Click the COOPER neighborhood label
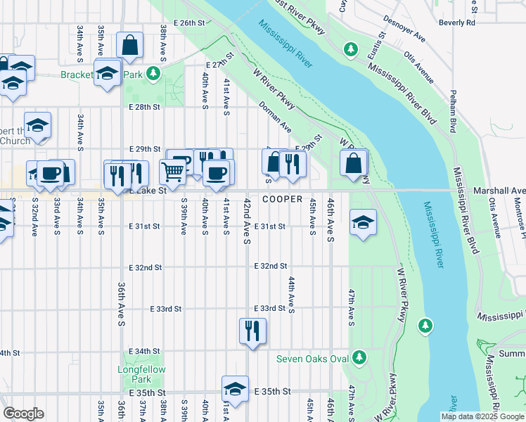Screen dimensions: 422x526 [282, 200]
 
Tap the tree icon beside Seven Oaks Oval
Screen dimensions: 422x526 [359, 357]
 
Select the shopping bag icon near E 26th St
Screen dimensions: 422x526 [130, 46]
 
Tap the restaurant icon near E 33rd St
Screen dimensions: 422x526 [252, 330]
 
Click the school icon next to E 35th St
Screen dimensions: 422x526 [235, 388]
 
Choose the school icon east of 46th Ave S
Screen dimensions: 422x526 [362, 223]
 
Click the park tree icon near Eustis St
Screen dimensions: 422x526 [350, 49]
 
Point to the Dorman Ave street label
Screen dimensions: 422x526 [275, 116]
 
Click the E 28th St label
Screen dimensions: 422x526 [145, 107]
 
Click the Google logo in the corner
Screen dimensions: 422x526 [23, 414]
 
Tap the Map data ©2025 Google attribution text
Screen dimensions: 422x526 [482, 416]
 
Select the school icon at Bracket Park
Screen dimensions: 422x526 [108, 73]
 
